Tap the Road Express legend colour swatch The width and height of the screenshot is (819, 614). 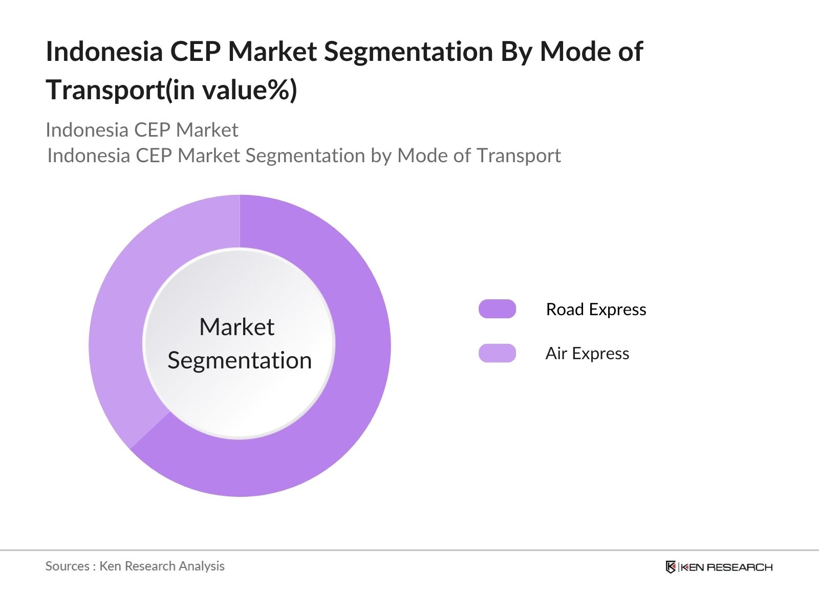click(x=497, y=309)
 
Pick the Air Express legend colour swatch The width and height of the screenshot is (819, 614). click(x=497, y=353)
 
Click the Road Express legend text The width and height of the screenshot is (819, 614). click(x=596, y=310)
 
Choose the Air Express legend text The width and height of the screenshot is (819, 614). click(x=587, y=354)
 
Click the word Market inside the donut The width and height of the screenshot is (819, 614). click(x=236, y=327)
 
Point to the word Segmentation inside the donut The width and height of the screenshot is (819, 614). click(x=240, y=361)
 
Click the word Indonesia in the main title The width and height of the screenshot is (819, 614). click(x=104, y=52)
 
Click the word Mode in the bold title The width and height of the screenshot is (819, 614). click(x=573, y=52)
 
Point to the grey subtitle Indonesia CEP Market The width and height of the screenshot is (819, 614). click(x=142, y=130)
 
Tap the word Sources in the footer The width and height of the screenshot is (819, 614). click(x=68, y=566)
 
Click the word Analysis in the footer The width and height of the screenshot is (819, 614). click(x=202, y=566)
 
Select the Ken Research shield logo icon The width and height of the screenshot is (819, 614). click(x=671, y=567)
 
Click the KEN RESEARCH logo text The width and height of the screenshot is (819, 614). click(x=726, y=567)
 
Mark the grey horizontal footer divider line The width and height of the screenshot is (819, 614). click(x=409, y=551)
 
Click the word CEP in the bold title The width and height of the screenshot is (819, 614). click(x=195, y=52)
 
